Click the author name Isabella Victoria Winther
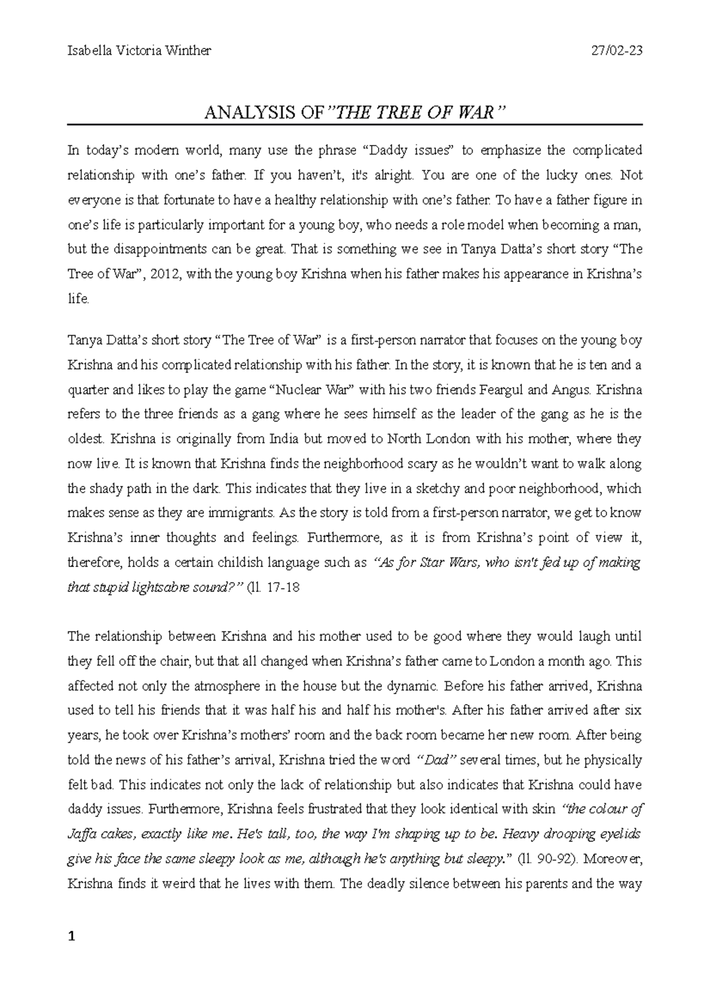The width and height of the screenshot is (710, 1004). click(x=139, y=51)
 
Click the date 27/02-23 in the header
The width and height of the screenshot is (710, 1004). click(x=617, y=51)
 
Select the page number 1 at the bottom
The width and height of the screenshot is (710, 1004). click(x=72, y=937)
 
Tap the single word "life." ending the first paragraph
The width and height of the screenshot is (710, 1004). click(x=79, y=299)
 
